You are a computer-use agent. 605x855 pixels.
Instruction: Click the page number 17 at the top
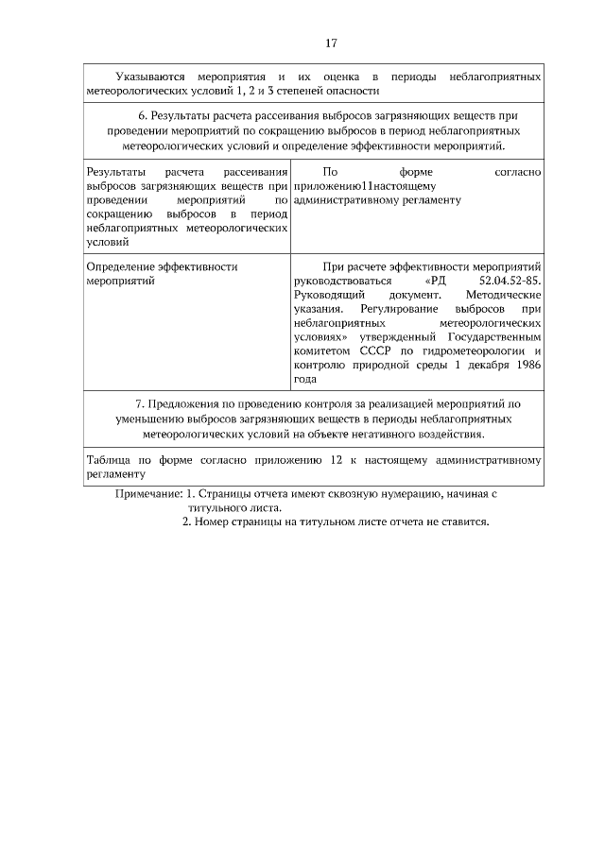(331, 43)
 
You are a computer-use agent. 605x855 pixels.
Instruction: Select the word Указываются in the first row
(150, 76)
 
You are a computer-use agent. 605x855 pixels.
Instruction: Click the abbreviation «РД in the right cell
(435, 282)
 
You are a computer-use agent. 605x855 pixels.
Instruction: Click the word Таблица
(107, 461)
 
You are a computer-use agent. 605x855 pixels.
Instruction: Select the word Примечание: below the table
(147, 494)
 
